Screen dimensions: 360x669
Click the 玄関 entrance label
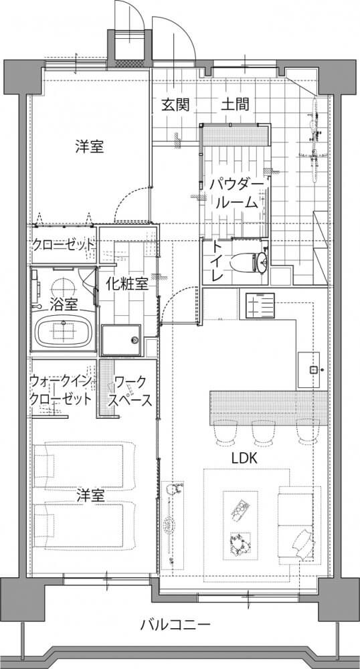[x=175, y=104]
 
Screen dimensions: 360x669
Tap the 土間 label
[x=235, y=104]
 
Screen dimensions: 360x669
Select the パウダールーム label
[x=236, y=194]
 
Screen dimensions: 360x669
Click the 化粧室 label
[x=128, y=284]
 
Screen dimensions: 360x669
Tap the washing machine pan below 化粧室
[x=121, y=340]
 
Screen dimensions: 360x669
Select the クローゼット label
[x=64, y=246]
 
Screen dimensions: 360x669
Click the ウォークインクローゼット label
[x=60, y=391]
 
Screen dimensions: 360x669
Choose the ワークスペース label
[x=130, y=391]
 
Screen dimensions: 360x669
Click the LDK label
[x=244, y=459]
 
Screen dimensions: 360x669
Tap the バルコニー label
[x=175, y=625]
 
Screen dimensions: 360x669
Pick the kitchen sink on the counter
[x=314, y=369]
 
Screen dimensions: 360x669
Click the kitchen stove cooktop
[x=260, y=306]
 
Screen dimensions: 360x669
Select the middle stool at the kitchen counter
[x=263, y=432]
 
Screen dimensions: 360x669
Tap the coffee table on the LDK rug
[x=241, y=525]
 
